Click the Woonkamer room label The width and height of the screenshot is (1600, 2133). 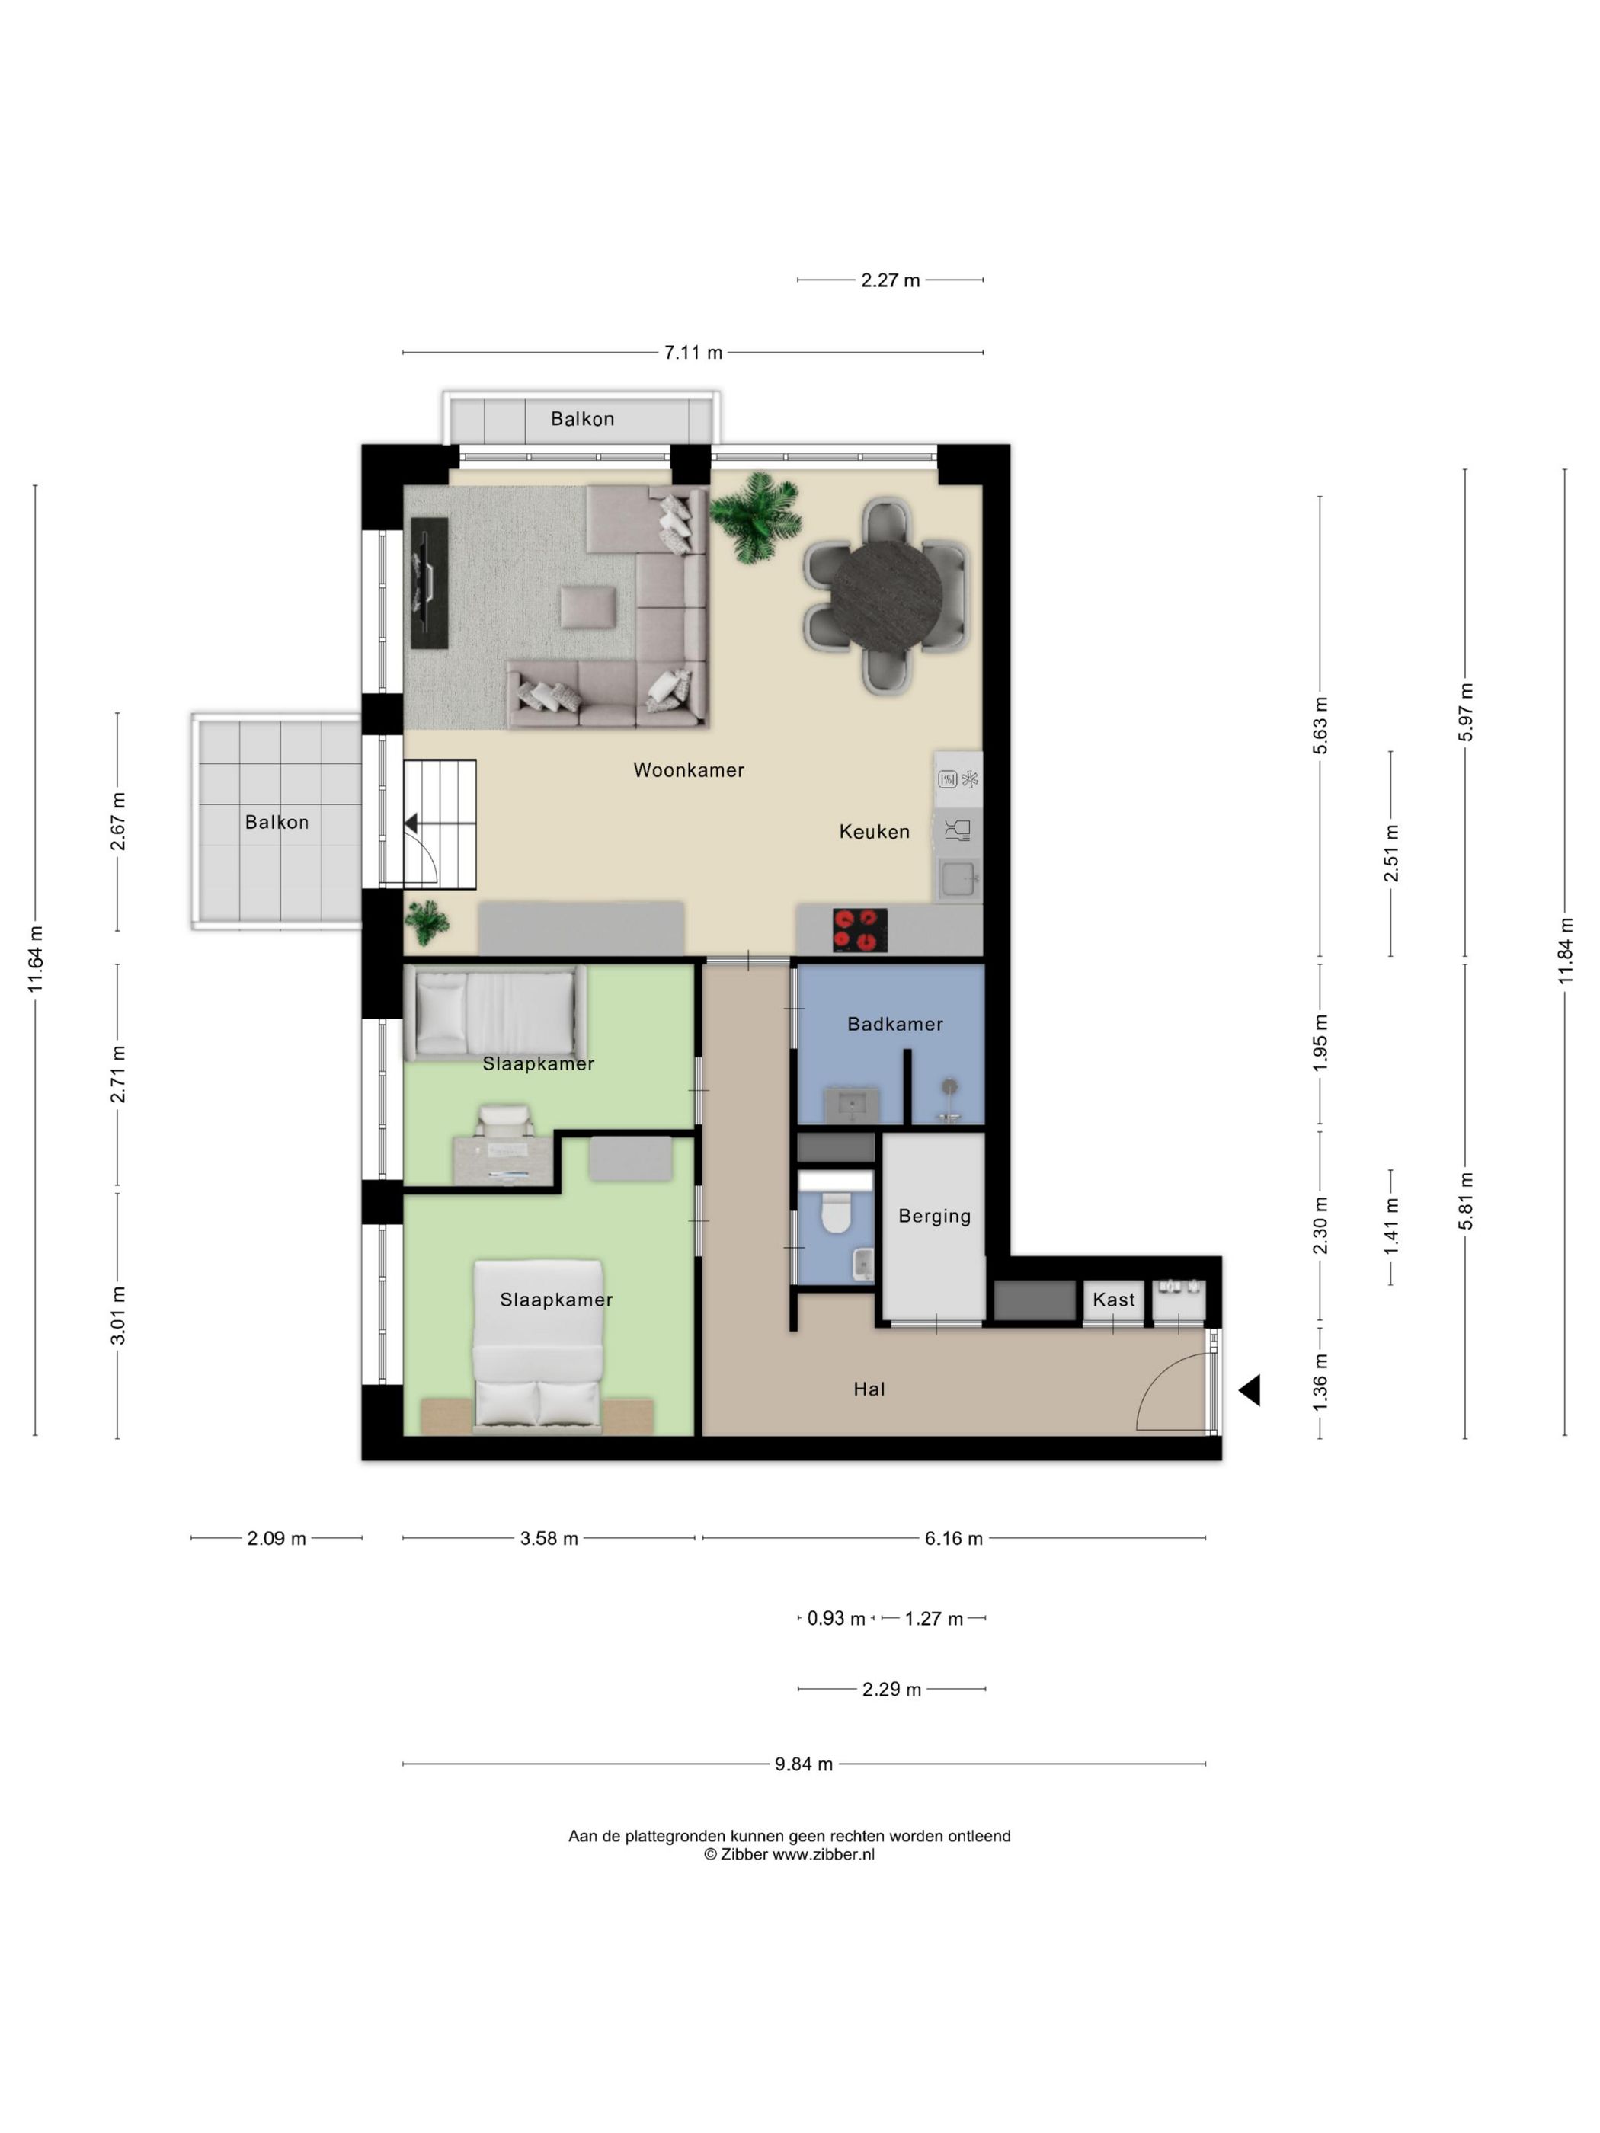tap(689, 769)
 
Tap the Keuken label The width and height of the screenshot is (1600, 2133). tap(874, 831)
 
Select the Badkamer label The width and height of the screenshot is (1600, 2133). tap(895, 1024)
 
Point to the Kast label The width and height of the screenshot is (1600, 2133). tap(1114, 1300)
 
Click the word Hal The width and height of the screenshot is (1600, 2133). tap(869, 1389)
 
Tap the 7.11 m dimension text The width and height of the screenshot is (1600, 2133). tap(693, 353)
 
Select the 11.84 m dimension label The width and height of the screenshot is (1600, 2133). tap(1565, 951)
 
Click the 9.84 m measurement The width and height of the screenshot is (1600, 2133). tap(803, 1764)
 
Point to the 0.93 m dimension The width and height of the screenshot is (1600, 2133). tap(836, 1619)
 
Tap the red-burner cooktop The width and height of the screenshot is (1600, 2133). tap(859, 929)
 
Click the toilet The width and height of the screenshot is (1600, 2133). tap(835, 1213)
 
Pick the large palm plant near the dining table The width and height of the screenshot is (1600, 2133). tap(756, 516)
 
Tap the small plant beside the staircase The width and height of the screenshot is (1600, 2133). tap(426, 922)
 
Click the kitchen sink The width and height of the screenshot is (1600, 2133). tap(958, 879)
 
